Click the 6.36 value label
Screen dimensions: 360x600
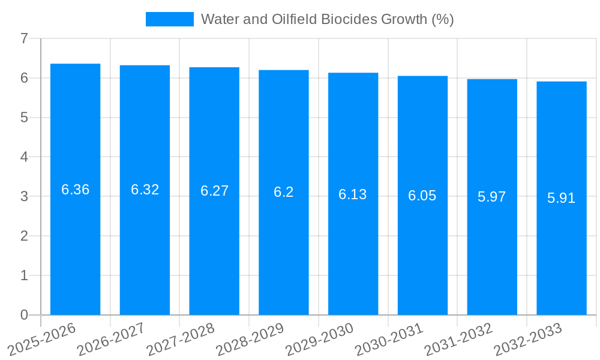(x=76, y=190)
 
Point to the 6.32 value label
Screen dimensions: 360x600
(x=145, y=190)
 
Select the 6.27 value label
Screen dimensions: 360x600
(x=214, y=191)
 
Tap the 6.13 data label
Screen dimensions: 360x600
(x=353, y=194)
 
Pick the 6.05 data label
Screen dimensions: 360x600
(x=422, y=196)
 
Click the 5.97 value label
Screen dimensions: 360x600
(x=492, y=197)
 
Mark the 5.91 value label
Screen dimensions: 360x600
(x=562, y=198)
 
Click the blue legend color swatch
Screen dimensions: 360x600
(x=170, y=19)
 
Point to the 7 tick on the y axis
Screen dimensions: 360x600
(x=24, y=38)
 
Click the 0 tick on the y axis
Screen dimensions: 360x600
(x=24, y=315)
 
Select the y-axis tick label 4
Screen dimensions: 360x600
(x=24, y=157)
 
